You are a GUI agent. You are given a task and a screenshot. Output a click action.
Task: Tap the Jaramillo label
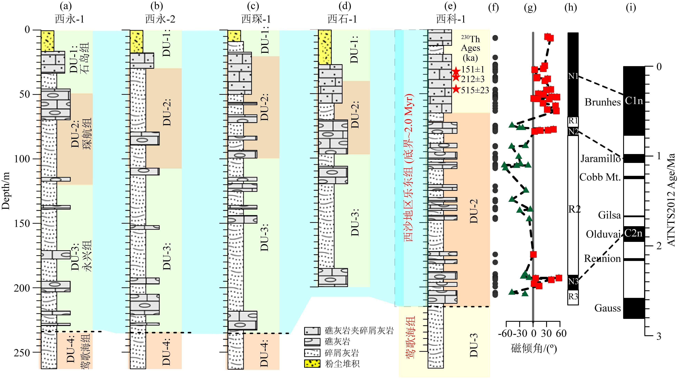tap(600, 159)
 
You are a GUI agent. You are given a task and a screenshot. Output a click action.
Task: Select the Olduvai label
tap(603, 234)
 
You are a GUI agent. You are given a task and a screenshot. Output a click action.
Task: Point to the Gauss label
tap(607, 308)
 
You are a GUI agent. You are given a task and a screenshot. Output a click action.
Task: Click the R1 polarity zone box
tap(573, 121)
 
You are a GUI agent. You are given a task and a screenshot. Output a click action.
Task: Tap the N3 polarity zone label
tap(573, 282)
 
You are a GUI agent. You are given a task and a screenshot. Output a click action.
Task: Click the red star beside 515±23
tap(456, 90)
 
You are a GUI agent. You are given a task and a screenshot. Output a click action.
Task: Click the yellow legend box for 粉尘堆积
tap(312, 364)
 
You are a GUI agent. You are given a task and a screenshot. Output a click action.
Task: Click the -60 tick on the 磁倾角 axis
tap(506, 334)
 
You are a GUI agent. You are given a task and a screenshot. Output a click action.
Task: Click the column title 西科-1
tap(451, 19)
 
